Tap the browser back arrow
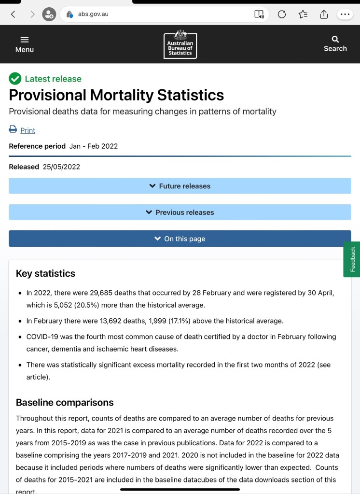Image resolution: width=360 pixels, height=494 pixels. (x=13, y=14)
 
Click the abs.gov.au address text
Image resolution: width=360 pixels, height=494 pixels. (x=93, y=14)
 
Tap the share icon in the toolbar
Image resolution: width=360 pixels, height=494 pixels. (x=324, y=14)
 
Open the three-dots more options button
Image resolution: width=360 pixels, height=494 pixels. (x=345, y=14)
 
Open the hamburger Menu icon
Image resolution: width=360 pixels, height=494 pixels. (x=25, y=40)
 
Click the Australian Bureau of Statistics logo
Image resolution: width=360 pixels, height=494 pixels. (x=180, y=44)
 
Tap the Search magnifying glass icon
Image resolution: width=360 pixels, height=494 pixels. (x=335, y=39)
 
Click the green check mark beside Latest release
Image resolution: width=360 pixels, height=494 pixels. (x=15, y=79)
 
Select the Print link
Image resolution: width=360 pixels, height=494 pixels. (x=28, y=130)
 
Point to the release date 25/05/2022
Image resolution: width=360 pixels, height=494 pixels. (x=61, y=167)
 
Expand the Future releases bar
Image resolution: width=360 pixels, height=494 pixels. (x=180, y=186)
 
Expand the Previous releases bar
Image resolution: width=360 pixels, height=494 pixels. (x=180, y=212)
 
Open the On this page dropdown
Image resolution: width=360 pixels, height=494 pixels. (x=180, y=239)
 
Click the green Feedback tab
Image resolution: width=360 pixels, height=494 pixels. (x=352, y=259)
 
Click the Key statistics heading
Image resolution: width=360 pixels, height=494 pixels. (x=45, y=273)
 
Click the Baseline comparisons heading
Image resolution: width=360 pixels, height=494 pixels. (x=65, y=402)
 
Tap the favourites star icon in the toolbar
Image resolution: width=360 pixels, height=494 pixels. (x=303, y=14)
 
